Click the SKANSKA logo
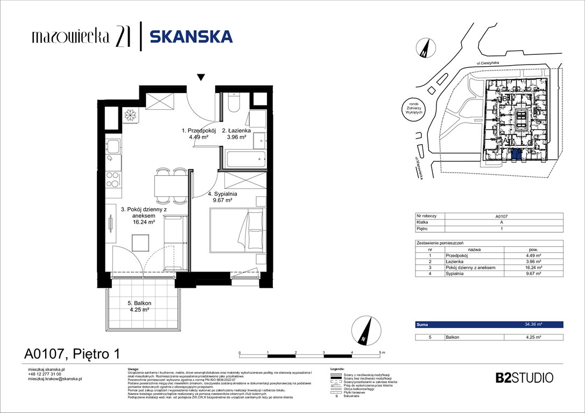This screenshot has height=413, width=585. tap(191, 37)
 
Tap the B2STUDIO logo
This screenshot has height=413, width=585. tap(524, 378)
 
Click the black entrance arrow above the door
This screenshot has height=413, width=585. tap(201, 77)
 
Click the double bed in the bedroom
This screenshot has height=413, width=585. tap(237, 230)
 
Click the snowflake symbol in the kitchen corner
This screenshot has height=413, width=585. tap(130, 115)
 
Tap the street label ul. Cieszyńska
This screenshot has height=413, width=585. tap(484, 63)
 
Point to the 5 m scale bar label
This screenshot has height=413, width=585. tap(382, 352)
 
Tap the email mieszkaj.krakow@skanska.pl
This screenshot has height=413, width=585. tap(54, 379)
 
